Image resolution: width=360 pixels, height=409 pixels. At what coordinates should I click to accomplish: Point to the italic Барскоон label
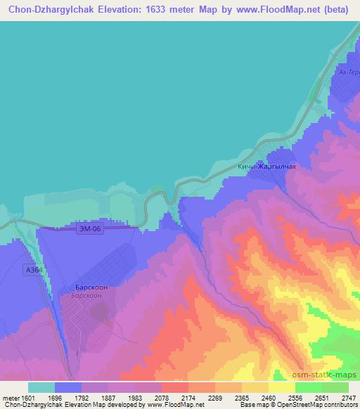[89, 296]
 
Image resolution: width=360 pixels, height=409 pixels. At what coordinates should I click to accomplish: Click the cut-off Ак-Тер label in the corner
[348, 72]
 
